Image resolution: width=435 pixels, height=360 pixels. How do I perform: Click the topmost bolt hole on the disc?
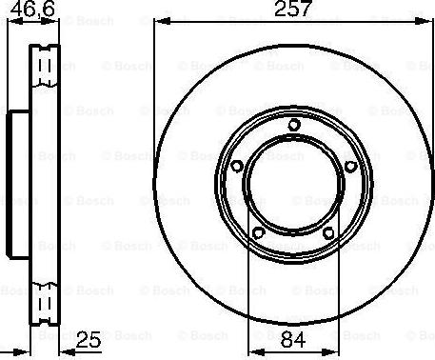pyautogui.click(x=293, y=125)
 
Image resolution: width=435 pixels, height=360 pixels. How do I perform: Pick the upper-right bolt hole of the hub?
pyautogui.click(x=349, y=166)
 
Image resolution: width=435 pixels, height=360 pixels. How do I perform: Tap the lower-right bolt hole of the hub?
pyautogui.click(x=328, y=230)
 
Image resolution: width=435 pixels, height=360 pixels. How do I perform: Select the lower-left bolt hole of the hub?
pyautogui.click(x=258, y=230)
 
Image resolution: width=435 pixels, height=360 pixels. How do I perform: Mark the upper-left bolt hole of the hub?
pyautogui.click(x=236, y=166)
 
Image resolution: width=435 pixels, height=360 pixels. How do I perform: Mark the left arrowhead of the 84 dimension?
pyautogui.click(x=252, y=349)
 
